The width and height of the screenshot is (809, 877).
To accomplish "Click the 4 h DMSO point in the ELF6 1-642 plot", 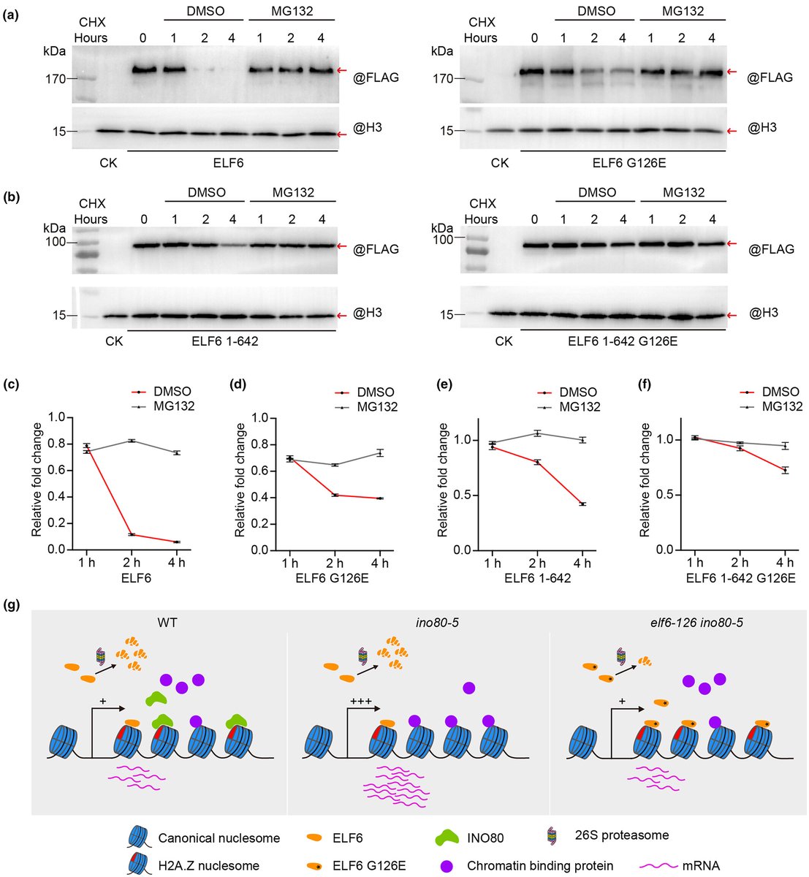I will (x=582, y=504).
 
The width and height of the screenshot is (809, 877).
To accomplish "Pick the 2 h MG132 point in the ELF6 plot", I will (x=131, y=441).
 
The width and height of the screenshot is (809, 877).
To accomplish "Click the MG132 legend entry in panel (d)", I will (x=377, y=406).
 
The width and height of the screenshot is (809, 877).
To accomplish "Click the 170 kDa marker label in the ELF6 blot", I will (x=55, y=79).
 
